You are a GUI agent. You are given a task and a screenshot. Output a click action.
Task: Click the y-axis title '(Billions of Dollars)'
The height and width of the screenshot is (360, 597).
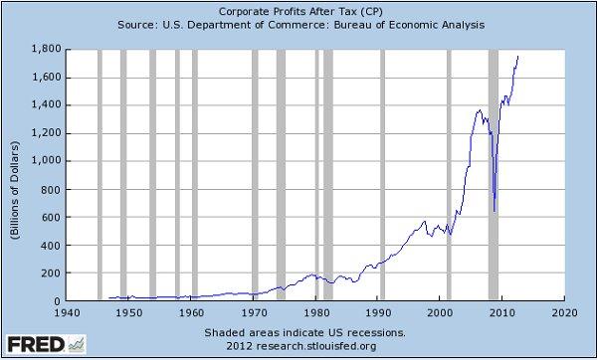click(x=17, y=174)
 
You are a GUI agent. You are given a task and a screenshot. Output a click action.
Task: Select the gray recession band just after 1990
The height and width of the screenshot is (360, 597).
click(x=382, y=174)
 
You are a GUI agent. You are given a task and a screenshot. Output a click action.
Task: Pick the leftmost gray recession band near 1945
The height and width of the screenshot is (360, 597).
click(x=99, y=174)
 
